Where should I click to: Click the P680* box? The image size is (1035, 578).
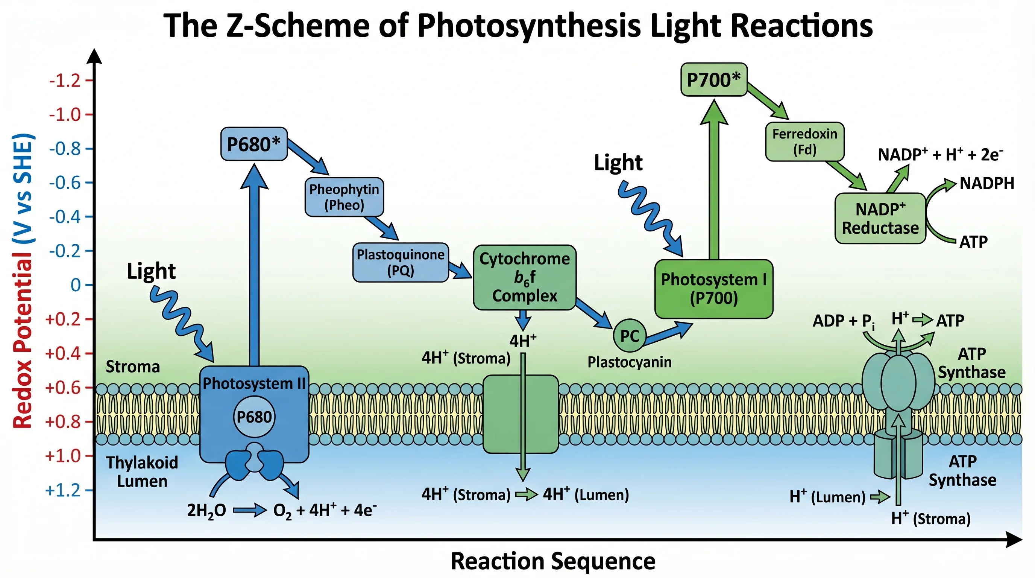coord(254,144)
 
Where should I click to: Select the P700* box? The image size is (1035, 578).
coord(713,79)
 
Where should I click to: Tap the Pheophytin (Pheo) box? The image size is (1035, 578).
coord(344,197)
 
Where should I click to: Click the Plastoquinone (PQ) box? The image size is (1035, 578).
coord(401,262)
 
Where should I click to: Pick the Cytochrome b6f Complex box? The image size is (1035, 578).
coord(524,277)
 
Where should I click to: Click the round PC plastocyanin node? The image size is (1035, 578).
coord(629,336)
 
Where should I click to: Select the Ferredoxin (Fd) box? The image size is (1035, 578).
coord(804,141)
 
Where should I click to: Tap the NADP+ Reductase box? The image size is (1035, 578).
coord(880,218)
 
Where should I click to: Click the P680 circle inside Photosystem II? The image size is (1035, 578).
coord(254,417)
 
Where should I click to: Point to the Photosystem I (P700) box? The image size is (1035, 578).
coord(713,289)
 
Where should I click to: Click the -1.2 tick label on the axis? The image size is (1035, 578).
coord(65,81)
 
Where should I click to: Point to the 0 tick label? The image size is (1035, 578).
coord(76,285)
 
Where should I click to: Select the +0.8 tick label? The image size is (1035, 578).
coord(64,421)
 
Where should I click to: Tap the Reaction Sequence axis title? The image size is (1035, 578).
coord(553,561)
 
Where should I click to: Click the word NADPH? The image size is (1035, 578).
coord(987,183)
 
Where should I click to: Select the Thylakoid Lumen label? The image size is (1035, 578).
coord(142,472)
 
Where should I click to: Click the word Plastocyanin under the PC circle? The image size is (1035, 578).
coord(629,362)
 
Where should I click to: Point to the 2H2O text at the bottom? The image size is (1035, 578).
coord(206,511)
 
